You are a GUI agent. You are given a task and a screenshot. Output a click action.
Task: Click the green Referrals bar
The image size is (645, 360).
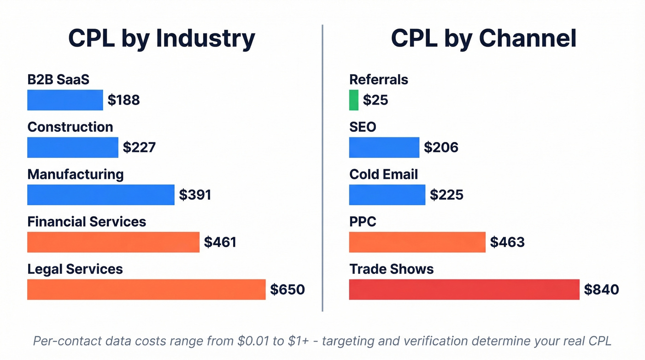click(x=353, y=100)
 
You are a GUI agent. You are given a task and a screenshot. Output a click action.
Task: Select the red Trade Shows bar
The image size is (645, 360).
click(x=464, y=289)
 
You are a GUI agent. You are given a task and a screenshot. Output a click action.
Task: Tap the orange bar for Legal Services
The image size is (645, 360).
click(x=146, y=289)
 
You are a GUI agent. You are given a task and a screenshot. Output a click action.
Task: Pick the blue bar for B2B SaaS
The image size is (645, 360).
click(x=65, y=100)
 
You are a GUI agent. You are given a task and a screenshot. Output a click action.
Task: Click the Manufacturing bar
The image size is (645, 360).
click(x=100, y=195)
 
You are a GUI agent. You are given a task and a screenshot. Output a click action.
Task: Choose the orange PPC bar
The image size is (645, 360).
click(x=417, y=242)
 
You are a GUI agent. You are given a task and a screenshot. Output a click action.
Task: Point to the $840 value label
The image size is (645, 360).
click(x=601, y=289)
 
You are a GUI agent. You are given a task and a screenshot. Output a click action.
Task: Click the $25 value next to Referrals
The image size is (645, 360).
click(x=375, y=100)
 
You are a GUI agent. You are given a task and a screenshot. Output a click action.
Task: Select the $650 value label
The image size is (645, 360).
click(x=287, y=289)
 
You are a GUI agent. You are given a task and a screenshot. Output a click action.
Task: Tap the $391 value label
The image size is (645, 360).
click(x=195, y=195)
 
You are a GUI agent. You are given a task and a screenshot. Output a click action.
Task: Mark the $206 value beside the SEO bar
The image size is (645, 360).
click(x=441, y=147)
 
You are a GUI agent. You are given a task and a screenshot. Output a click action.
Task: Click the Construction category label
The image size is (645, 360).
click(x=70, y=127)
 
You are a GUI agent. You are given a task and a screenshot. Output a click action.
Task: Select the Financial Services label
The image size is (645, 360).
click(x=87, y=222)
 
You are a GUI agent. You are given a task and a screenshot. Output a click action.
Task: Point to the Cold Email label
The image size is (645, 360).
click(x=383, y=174)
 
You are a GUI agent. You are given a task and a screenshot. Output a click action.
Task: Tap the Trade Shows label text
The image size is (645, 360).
click(x=391, y=269)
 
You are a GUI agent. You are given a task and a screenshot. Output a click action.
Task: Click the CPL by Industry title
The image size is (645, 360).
click(x=161, y=38)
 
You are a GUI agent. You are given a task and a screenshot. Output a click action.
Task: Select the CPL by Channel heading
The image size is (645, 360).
click(x=483, y=38)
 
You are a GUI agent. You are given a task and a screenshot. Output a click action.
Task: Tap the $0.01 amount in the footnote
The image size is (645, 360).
click(x=254, y=342)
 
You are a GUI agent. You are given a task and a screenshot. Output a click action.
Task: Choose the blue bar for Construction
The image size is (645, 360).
click(x=72, y=148)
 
